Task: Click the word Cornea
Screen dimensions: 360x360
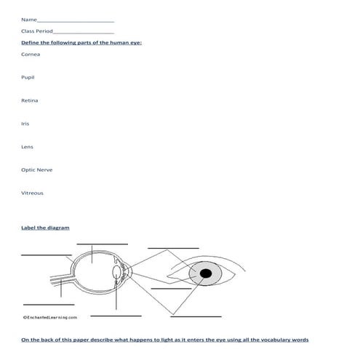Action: [31, 54]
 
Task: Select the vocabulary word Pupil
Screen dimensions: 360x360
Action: [28, 77]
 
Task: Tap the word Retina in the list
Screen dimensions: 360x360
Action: [30, 100]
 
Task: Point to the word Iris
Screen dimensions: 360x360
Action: [25, 124]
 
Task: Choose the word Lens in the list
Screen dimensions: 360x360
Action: [28, 147]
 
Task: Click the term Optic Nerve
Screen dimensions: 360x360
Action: [37, 169]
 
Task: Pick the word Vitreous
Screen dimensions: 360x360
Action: [33, 193]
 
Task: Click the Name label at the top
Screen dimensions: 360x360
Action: [28, 19]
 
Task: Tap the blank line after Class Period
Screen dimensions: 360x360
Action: [84, 33]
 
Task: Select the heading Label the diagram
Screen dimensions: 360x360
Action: [46, 228]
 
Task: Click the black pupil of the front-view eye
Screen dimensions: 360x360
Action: [206, 273]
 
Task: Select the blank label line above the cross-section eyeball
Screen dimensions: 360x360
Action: [101, 244]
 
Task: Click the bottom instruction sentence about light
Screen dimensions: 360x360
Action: [164, 340]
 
